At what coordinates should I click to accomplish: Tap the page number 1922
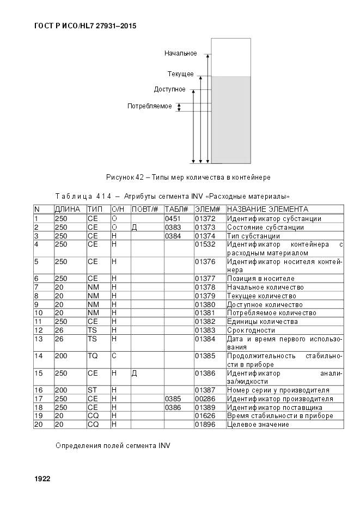coord(42,479)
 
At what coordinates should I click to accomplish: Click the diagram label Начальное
coord(180,53)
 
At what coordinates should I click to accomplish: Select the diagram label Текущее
coord(180,73)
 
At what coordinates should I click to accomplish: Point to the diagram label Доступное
coord(169,89)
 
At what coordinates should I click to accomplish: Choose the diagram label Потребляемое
coord(149,106)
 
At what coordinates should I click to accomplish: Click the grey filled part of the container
coord(231,120)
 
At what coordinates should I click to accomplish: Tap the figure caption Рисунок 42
coord(188,177)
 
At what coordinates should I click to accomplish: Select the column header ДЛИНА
coord(68,210)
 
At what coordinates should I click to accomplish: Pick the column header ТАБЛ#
coord(176,210)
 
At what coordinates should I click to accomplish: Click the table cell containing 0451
coord(172,219)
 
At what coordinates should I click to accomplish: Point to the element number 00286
coord(205,399)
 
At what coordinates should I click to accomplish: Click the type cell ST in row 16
coord(92,390)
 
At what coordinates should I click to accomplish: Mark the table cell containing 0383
coord(172,228)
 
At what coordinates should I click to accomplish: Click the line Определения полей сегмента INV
coord(113,445)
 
